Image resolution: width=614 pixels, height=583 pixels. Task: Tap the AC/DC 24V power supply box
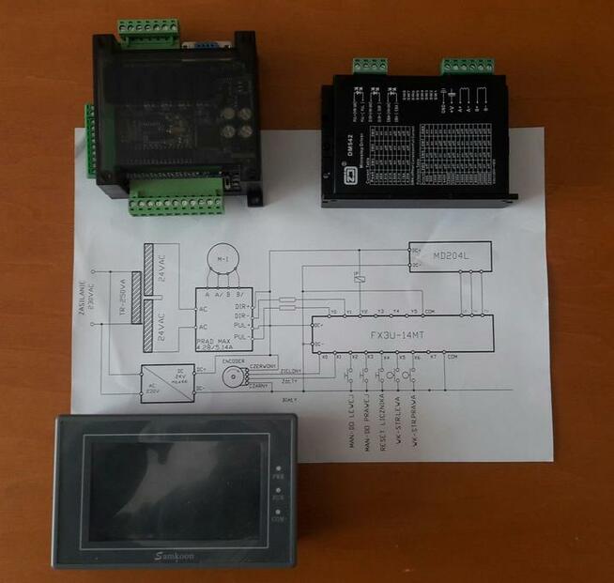coord(166,381)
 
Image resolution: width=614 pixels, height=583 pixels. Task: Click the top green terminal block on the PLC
coord(147,32)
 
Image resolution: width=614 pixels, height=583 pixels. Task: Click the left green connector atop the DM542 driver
coord(369,67)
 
